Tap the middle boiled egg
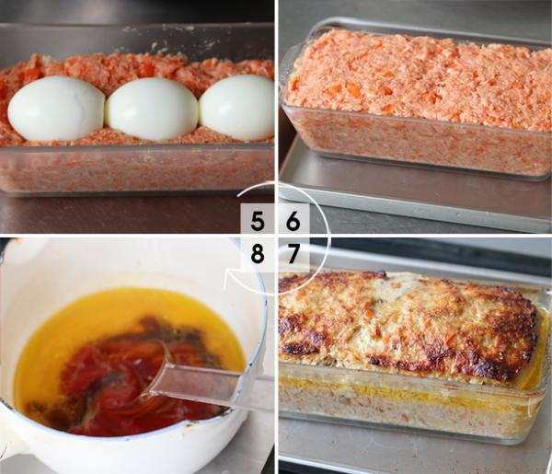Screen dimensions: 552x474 tap(152, 109)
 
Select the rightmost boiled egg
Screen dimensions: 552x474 tap(236, 108)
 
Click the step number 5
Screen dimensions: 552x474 tap(258, 221)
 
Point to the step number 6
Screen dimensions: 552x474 tap(293, 221)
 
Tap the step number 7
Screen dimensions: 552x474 tap(293, 253)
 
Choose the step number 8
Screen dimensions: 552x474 tap(258, 253)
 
